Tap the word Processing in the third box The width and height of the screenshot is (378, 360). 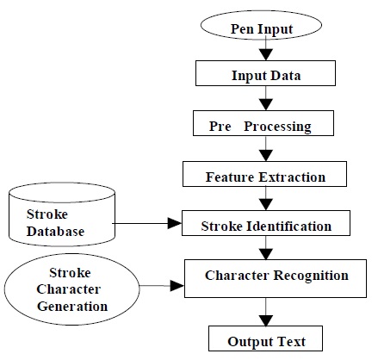[277, 127]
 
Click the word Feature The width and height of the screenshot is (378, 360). [230, 177]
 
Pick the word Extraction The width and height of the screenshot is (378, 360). [292, 177]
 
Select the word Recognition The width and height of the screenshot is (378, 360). [311, 276]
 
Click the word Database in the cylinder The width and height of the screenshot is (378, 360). [55, 232]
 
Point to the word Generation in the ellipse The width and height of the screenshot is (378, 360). [72, 307]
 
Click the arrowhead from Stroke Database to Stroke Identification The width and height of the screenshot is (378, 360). [175, 223]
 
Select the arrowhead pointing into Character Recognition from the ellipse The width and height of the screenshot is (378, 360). [177, 286]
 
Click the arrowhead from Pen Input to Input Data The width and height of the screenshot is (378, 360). [266, 54]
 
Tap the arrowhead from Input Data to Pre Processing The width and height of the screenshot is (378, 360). [266, 104]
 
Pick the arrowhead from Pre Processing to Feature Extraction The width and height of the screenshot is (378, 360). [266, 155]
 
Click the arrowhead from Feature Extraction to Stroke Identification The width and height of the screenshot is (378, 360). [266, 204]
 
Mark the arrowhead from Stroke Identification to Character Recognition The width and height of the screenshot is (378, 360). [266, 254]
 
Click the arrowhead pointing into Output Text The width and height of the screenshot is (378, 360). [266, 320]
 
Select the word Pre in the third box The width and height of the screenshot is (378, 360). [220, 127]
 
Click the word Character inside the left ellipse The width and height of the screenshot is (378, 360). [69, 289]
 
